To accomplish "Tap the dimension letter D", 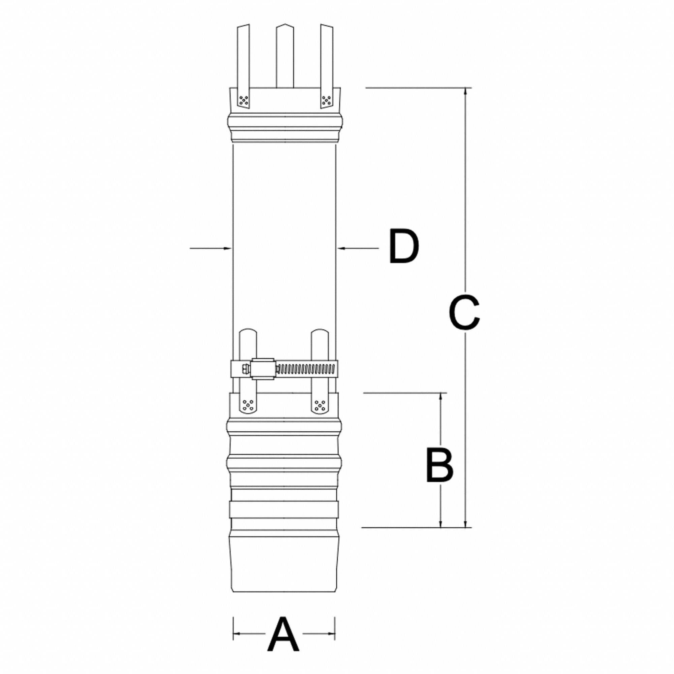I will point(404,246).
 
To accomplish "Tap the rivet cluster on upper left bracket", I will point(243,100).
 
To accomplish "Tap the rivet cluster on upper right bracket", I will point(326,100).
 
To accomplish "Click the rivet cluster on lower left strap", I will point(248,405).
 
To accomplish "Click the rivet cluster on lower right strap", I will point(319,405).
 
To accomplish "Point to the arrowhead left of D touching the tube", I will point(228,248).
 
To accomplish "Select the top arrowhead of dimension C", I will point(465,92).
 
